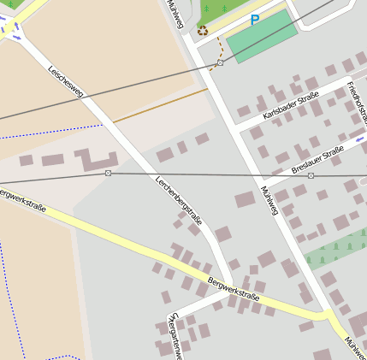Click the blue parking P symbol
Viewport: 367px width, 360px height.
(254, 20)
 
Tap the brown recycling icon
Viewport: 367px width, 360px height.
(203, 31)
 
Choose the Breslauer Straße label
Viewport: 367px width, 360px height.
(317, 159)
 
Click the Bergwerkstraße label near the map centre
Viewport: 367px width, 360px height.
(233, 288)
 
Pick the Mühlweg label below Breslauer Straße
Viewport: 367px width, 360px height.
(270, 200)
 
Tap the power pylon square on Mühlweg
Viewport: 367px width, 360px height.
(220, 63)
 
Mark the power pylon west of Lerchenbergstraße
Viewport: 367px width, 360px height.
(108, 174)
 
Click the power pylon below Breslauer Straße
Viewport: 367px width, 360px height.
(311, 175)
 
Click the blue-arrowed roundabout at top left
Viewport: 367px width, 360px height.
(10, 28)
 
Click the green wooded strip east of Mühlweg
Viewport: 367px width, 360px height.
(338, 248)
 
